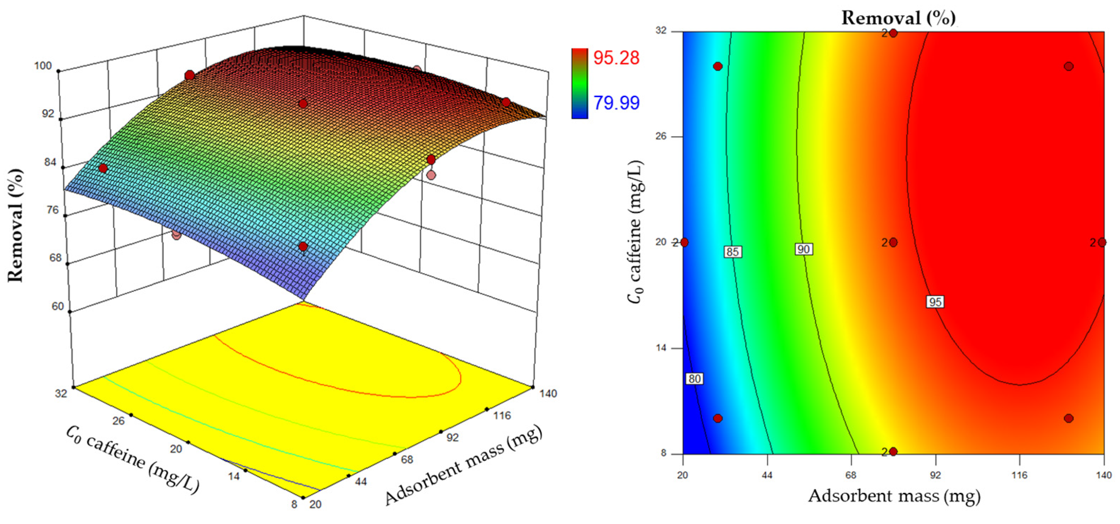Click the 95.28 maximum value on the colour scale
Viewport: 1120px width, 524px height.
616,58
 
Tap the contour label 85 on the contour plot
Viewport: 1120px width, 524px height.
732,252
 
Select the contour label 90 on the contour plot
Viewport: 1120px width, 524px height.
803,249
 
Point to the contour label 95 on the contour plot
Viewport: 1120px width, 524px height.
935,302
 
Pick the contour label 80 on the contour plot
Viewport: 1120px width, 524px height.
694,379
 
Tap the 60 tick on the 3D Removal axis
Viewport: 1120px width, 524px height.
58,306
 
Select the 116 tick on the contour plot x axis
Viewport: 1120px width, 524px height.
1019,475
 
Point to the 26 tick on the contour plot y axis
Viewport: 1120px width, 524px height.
661,136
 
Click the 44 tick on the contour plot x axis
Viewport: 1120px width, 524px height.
767,475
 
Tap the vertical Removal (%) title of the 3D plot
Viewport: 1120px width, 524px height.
16,225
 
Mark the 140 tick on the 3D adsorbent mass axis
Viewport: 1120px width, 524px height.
548,394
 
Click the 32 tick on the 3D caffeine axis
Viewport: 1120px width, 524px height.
61,394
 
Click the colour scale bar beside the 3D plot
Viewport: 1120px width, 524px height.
580,83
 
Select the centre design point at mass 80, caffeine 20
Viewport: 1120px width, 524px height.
893,242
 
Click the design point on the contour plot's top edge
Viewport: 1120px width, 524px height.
893,33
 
